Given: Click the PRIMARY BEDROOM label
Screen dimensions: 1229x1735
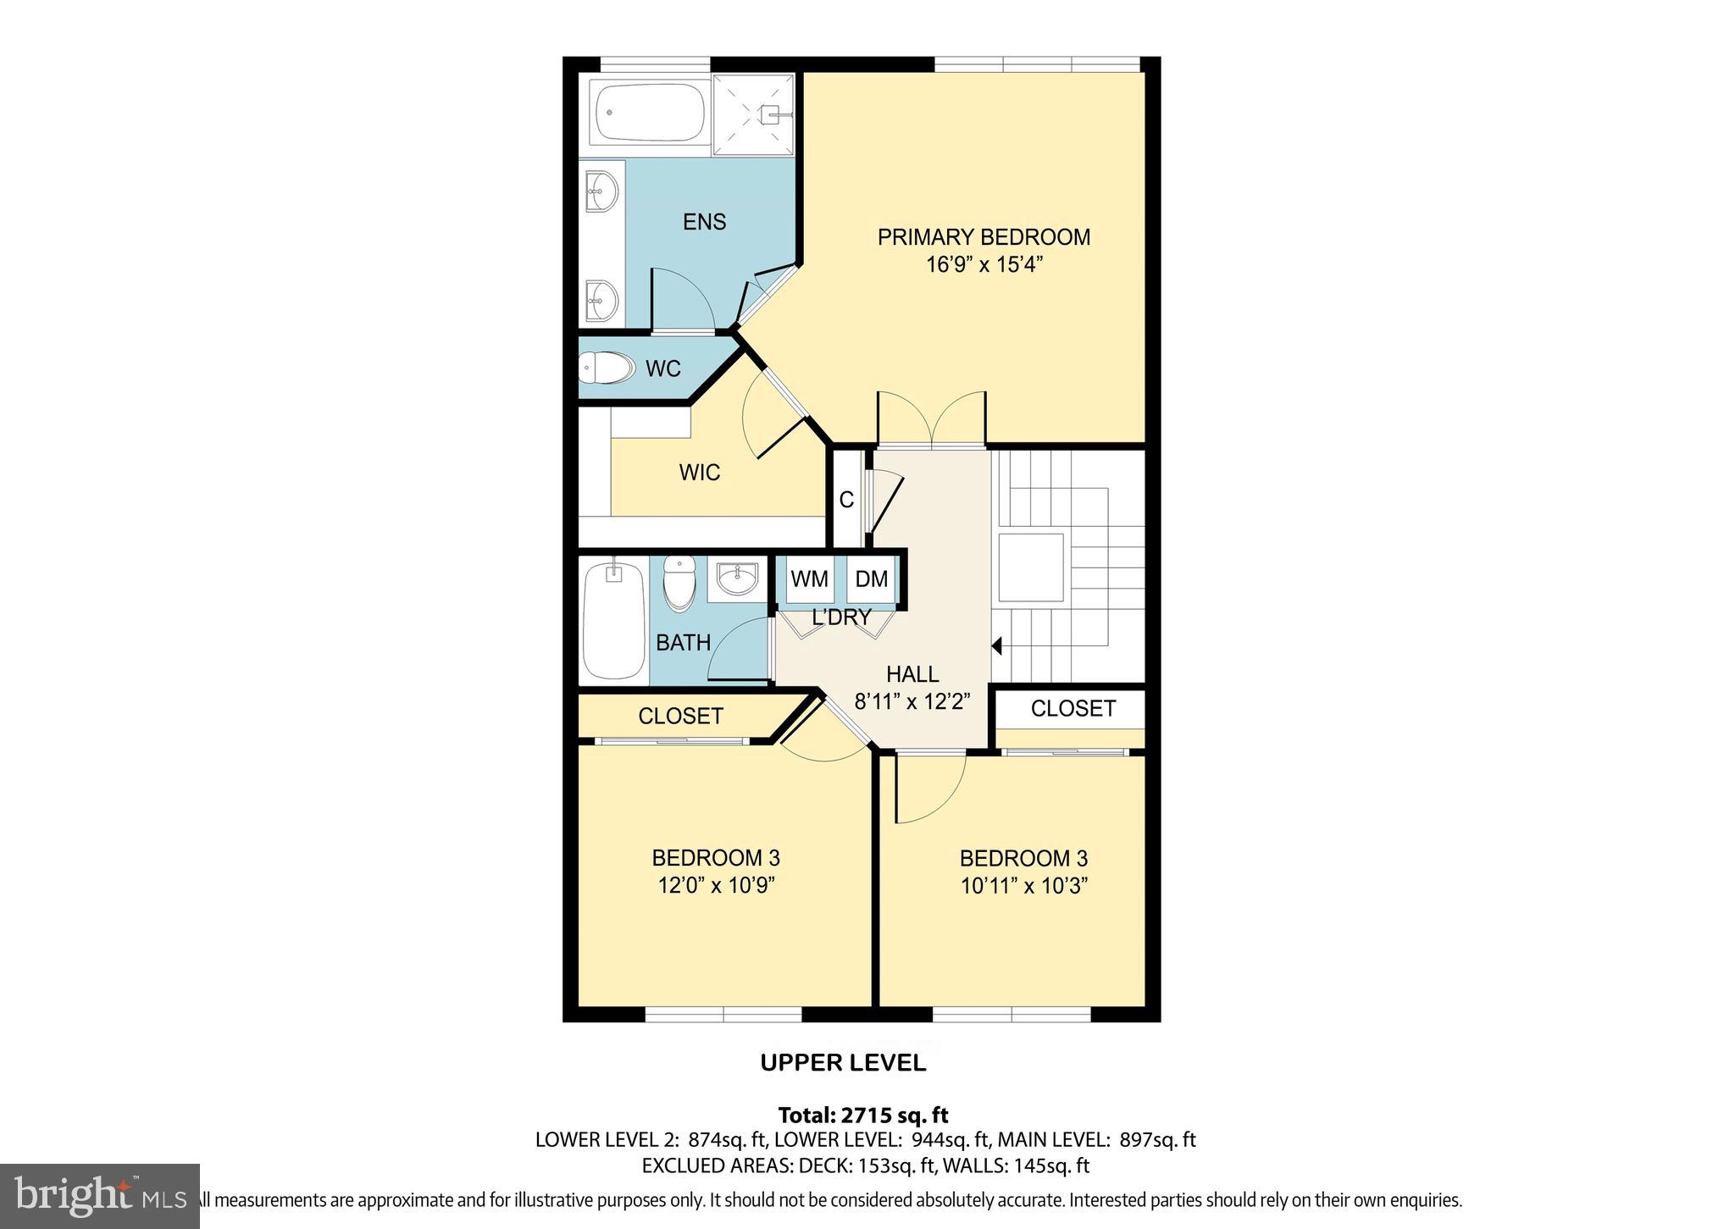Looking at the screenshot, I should click(x=983, y=237).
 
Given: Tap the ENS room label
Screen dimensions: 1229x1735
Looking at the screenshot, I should click(x=704, y=222).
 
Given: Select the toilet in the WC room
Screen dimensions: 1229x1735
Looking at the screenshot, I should click(x=607, y=368).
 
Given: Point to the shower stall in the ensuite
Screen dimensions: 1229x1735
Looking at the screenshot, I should click(x=754, y=114).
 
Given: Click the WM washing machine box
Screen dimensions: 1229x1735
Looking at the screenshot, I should click(x=809, y=579).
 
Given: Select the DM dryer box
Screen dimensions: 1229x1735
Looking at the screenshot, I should click(x=871, y=579).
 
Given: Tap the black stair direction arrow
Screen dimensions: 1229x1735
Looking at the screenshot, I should click(x=997, y=646).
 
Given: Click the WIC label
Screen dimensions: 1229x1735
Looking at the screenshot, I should click(x=699, y=473).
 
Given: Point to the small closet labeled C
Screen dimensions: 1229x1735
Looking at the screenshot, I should click(x=846, y=501).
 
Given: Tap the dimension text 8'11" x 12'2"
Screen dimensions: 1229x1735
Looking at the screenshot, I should click(x=912, y=702).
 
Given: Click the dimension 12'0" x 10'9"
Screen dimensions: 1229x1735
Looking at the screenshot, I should click(x=717, y=886).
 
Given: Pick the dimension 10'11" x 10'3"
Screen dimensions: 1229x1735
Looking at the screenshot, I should click(x=1023, y=886).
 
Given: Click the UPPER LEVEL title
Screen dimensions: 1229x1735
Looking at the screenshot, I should click(x=843, y=1063).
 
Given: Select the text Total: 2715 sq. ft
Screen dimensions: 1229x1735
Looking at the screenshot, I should click(x=862, y=1115).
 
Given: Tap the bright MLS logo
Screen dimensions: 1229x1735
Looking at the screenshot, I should click(x=100, y=1195).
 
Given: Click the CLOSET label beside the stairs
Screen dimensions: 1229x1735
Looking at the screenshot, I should click(x=1073, y=708).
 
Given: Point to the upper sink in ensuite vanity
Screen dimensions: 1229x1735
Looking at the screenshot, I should click(x=601, y=192).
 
